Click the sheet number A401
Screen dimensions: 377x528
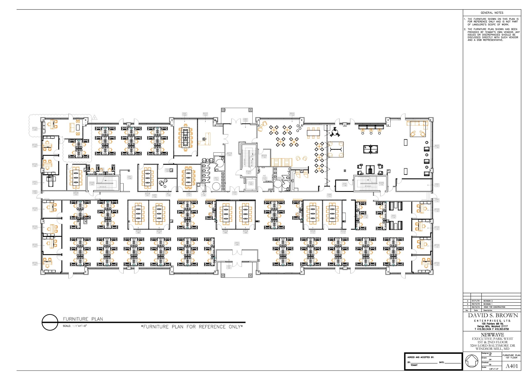click(x=511, y=366)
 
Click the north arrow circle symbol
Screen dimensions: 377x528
click(x=472, y=361)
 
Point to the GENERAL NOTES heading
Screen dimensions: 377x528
click(x=492, y=13)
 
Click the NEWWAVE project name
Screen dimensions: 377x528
click(x=492, y=335)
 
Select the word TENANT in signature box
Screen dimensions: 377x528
click(x=414, y=365)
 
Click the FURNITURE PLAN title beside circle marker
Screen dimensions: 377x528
click(x=83, y=319)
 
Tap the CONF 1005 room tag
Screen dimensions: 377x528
click(x=184, y=114)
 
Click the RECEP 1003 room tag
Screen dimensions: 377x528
click(x=205, y=114)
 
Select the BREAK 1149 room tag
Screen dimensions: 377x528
click(x=292, y=114)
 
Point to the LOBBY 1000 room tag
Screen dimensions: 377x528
click(x=245, y=120)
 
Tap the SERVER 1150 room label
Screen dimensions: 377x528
click(x=264, y=156)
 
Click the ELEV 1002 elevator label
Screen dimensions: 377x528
click(x=251, y=183)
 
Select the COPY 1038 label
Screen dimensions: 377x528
click(x=129, y=177)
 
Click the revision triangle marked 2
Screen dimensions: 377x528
click(x=94, y=118)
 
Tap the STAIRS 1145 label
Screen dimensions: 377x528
click(x=381, y=183)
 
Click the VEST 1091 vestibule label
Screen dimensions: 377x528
click(x=229, y=267)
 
